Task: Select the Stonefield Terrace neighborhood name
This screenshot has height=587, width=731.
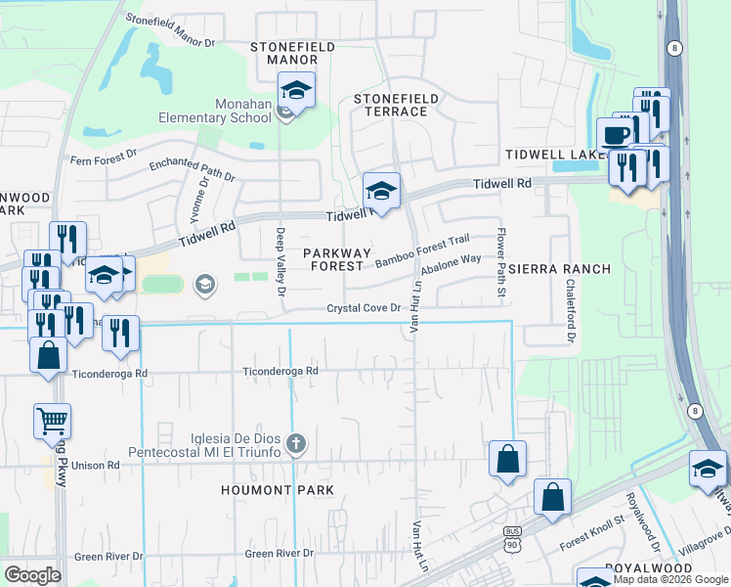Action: click(391, 105)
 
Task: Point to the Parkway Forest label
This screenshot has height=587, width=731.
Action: click(336, 259)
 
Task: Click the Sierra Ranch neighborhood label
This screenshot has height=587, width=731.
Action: click(559, 269)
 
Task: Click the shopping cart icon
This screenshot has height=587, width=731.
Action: click(53, 423)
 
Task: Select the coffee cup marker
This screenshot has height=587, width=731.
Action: click(615, 134)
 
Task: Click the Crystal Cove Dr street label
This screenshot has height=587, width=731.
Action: click(365, 308)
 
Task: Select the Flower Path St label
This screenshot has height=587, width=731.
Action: click(500, 251)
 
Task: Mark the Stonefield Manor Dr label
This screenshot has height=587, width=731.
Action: click(170, 30)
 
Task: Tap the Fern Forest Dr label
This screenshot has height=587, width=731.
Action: click(107, 160)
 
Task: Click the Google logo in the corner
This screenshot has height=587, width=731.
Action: click(32, 575)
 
